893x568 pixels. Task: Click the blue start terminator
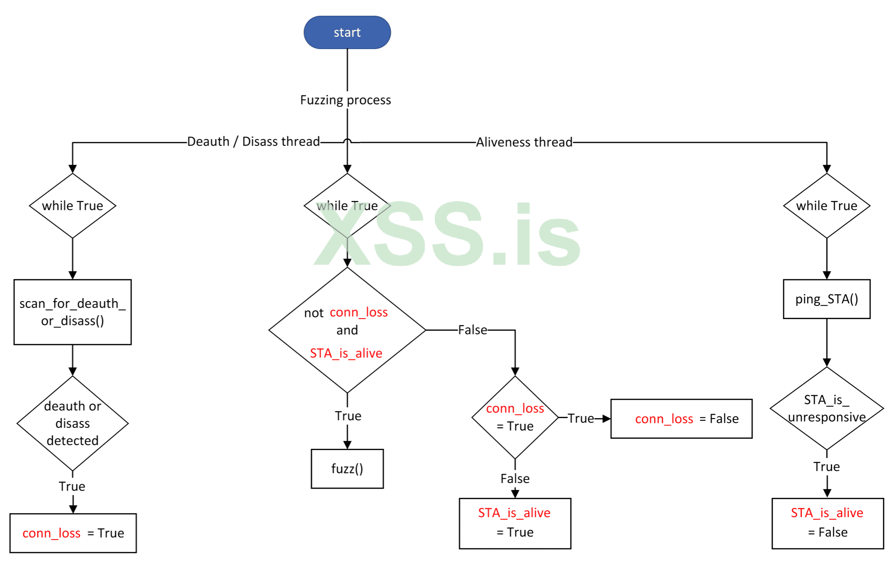click(x=347, y=32)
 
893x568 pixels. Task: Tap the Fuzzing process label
click(x=345, y=100)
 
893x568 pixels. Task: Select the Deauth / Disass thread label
click(x=253, y=142)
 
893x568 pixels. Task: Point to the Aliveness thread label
click(x=524, y=142)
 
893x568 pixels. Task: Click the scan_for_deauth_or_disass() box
click(x=72, y=312)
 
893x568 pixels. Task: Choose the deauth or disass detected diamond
click(x=72, y=423)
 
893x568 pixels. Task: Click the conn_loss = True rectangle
click(x=73, y=533)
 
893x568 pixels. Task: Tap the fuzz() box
click(x=347, y=469)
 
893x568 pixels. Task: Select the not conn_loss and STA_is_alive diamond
click(x=347, y=330)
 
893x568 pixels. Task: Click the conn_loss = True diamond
click(x=515, y=417)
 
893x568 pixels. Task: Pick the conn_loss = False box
click(x=681, y=419)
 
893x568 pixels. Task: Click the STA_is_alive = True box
click(x=515, y=523)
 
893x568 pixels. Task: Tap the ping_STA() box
click(x=826, y=299)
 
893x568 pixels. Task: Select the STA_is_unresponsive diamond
click(x=826, y=408)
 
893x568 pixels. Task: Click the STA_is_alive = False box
click(x=827, y=523)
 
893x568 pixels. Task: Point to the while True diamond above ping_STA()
click(x=826, y=206)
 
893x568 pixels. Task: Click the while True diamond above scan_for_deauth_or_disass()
click(x=72, y=206)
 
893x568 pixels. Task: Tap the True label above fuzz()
click(x=348, y=416)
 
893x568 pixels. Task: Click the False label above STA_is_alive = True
click(x=515, y=479)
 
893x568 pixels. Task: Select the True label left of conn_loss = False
click(x=581, y=419)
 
